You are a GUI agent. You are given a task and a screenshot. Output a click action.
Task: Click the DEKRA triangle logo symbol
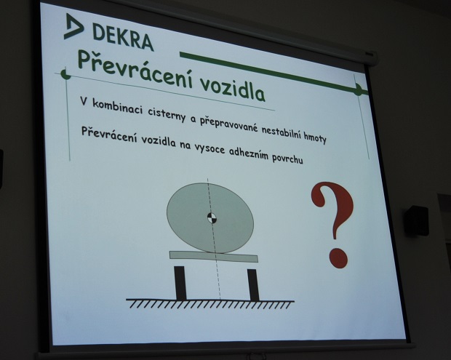73,26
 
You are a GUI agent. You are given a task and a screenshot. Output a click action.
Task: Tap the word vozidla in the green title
232,89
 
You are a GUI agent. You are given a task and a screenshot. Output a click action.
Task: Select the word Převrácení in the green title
135,68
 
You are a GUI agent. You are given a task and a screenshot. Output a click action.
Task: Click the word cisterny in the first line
167,115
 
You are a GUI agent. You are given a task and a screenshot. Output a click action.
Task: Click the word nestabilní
282,133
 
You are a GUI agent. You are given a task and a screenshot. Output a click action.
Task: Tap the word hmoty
315,139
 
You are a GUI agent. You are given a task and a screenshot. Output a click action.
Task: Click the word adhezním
248,154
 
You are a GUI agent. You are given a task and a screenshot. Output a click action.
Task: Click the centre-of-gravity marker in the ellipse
212,217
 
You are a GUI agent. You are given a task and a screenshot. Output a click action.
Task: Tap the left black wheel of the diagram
180,283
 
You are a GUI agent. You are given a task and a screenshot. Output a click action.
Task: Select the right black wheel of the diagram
253,285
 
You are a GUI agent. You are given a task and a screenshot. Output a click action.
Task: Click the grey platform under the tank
214,256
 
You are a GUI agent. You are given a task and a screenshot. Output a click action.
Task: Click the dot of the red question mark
338,258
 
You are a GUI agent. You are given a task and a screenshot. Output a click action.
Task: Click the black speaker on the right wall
416,220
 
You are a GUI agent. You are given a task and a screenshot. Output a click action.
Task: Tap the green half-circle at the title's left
66,73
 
